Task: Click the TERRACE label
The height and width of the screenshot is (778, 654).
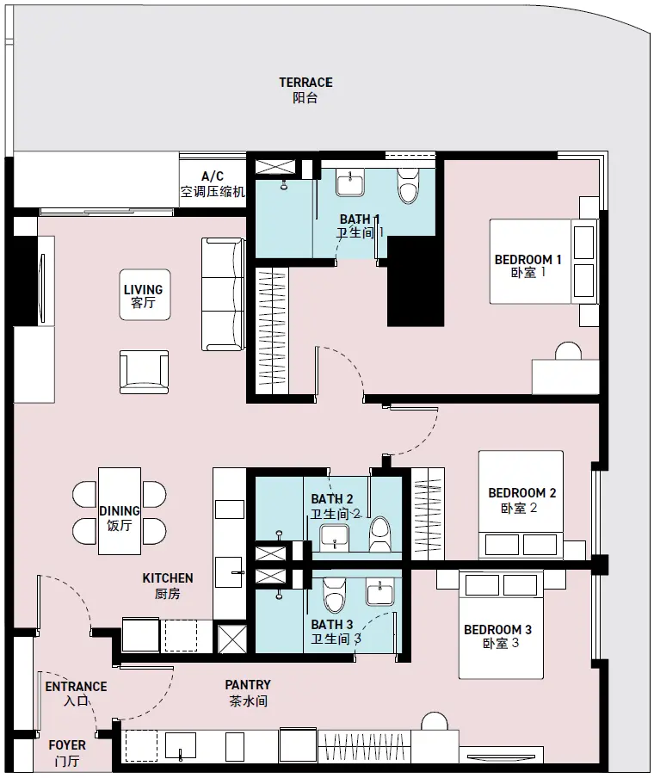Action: (x=305, y=90)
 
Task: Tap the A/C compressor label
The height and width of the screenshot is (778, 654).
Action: (x=213, y=184)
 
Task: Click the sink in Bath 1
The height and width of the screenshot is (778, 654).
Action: (x=350, y=182)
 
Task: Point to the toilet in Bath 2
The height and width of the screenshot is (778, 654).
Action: (x=380, y=534)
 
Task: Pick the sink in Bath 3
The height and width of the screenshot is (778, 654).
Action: (x=380, y=590)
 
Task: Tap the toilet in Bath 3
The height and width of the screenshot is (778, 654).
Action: (x=333, y=595)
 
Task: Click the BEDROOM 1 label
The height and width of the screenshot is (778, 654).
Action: (x=528, y=266)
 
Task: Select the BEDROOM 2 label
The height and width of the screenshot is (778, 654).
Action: (x=522, y=500)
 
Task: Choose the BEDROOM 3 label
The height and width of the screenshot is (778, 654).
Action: (x=497, y=637)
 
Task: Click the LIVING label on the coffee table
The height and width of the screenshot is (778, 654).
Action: (x=144, y=296)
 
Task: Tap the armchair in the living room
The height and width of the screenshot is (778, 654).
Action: (x=144, y=372)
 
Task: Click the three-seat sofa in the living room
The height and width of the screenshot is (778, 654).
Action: (x=223, y=294)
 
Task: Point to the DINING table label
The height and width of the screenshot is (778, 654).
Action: (x=120, y=518)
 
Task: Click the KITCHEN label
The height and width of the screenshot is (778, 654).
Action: (x=168, y=585)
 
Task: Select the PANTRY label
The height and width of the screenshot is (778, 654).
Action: (x=248, y=693)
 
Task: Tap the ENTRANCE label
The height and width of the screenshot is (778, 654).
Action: (x=76, y=694)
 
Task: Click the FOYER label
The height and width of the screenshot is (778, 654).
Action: (x=67, y=753)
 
